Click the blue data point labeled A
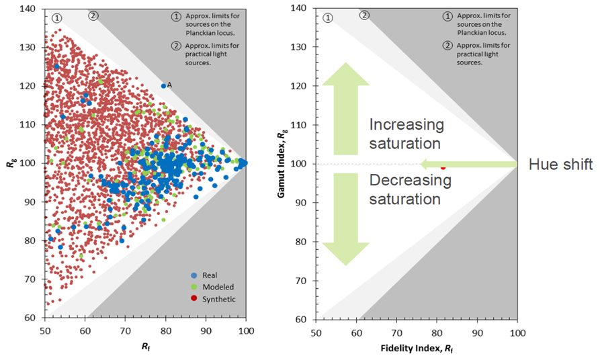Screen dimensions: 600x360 click(163, 86)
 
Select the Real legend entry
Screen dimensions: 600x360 click(204, 275)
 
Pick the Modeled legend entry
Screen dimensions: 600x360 click(212, 287)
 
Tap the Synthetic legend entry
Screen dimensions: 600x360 click(213, 299)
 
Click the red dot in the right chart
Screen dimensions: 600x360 click(443, 167)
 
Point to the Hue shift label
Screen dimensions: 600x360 click(560, 165)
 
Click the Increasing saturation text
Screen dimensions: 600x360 click(406, 134)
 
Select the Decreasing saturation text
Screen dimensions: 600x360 click(411, 189)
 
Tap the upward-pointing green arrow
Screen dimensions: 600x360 click(345, 109)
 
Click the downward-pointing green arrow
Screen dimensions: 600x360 click(345, 219)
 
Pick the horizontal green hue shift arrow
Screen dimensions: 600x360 click(469, 165)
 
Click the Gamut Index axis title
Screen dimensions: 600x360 click(282, 163)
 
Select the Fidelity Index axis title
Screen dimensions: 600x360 click(417, 349)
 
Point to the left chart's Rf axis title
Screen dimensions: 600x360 click(145, 347)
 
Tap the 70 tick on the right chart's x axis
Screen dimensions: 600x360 click(397, 333)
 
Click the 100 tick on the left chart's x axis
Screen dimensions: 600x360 click(246, 330)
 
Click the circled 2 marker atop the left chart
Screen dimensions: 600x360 click(93, 15)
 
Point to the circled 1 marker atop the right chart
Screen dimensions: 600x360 click(328, 17)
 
